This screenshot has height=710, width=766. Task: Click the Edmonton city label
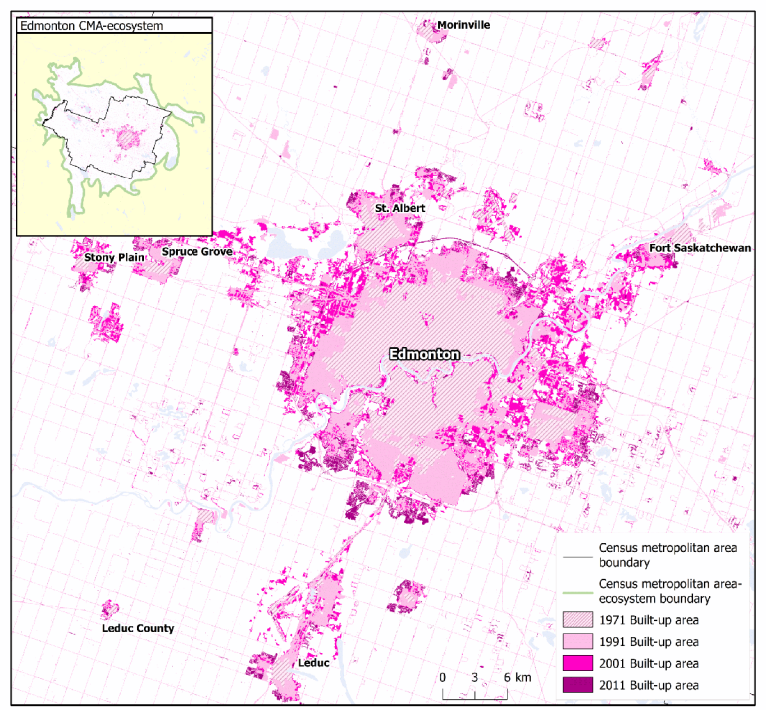pos(424,354)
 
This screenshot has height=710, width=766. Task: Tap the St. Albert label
pos(400,208)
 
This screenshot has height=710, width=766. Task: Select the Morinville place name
pos(464,25)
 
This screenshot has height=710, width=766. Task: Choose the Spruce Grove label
pos(197,252)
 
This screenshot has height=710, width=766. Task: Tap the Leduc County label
pos(138,628)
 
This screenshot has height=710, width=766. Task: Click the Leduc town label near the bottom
pos(313,662)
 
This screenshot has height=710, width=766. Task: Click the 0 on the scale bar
pos(442,677)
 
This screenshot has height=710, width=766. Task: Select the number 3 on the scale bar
pos(475,677)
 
